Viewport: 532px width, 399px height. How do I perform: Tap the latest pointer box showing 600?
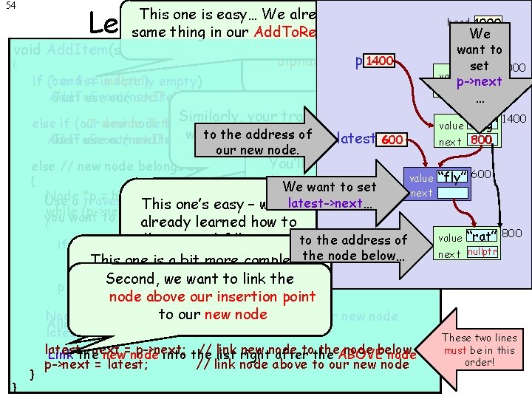[x=392, y=140]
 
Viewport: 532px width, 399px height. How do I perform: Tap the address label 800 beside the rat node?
[x=512, y=233]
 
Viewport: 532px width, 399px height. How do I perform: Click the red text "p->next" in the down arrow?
[x=480, y=82]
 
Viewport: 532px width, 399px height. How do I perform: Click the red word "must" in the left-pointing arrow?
[x=455, y=350]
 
